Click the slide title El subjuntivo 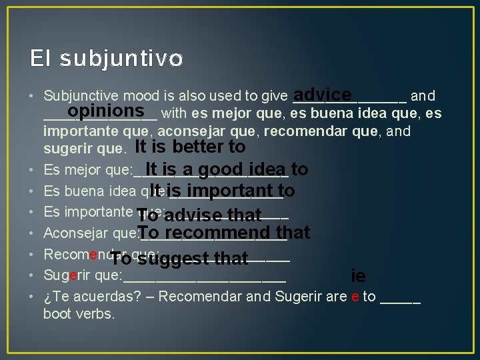tap(106, 59)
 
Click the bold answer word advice tap(322, 95)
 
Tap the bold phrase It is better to tap(191, 147)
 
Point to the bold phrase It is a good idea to tap(226, 169)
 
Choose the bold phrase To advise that tap(199, 215)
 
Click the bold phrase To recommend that tap(224, 233)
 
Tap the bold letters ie tap(358, 276)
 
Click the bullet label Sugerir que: tap(82, 275)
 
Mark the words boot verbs tap(79, 313)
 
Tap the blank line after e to tap(400, 299)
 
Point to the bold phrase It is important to tap(222, 192)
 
